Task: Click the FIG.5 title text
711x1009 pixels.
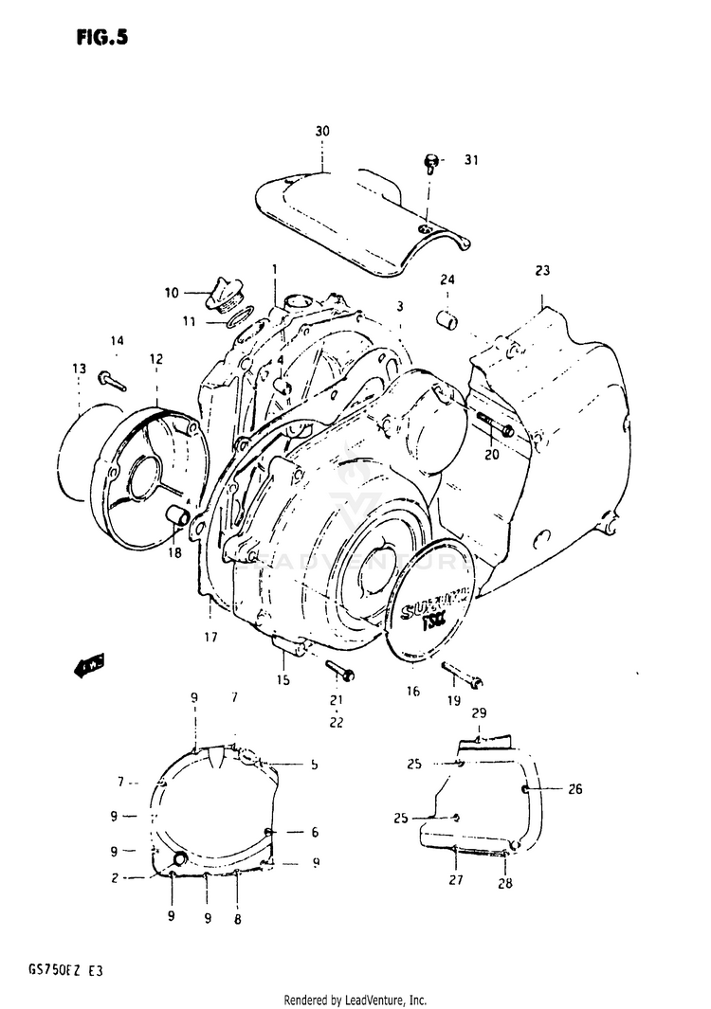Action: click(x=98, y=38)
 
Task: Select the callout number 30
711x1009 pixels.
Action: click(x=321, y=130)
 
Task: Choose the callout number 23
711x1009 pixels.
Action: click(x=541, y=271)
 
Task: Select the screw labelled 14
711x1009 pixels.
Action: click(x=110, y=380)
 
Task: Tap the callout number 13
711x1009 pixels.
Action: click(x=78, y=369)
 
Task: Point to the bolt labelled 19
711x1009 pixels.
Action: click(x=462, y=675)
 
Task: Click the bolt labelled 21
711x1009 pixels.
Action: click(x=339, y=671)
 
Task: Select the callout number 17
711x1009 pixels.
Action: click(x=209, y=638)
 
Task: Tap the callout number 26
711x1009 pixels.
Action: click(x=575, y=788)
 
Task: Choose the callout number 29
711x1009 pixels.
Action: click(x=479, y=712)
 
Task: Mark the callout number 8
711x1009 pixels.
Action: click(x=236, y=919)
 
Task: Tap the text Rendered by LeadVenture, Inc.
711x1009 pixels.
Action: click(x=355, y=1000)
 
